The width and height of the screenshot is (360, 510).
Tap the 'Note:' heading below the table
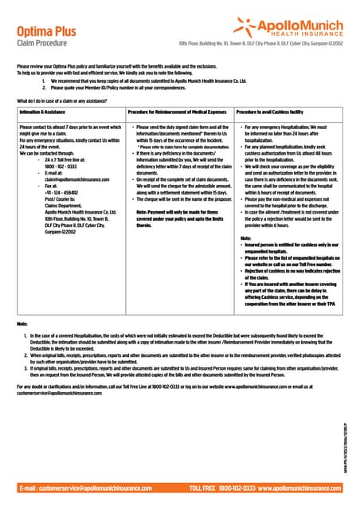pos(22,324)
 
